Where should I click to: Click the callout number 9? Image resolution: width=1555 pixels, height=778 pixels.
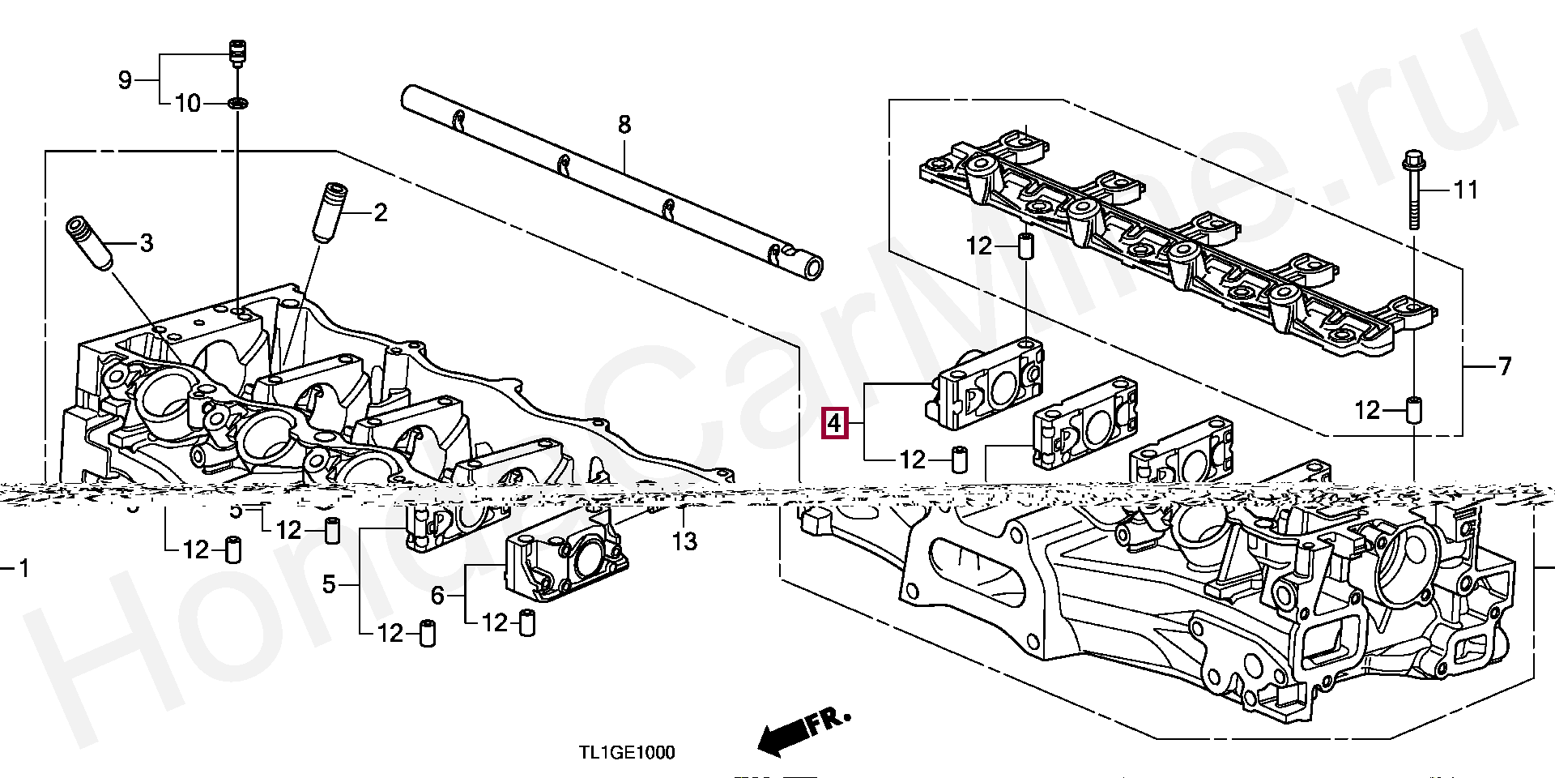pyautogui.click(x=125, y=80)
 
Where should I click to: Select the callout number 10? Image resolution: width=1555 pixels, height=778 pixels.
pyautogui.click(x=187, y=104)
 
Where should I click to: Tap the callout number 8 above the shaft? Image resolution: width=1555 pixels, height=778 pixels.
pyautogui.click(x=624, y=125)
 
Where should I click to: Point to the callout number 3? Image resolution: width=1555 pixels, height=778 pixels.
pyautogui.click(x=146, y=242)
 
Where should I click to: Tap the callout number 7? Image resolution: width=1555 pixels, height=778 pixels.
pyautogui.click(x=1504, y=367)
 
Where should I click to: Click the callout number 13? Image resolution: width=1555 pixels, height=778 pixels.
pyautogui.click(x=684, y=541)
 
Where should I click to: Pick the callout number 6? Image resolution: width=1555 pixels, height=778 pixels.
pyautogui.click(x=437, y=596)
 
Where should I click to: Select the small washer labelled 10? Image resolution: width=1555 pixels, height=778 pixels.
pyautogui.click(x=238, y=104)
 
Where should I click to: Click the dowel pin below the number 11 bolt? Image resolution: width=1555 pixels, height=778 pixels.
pyautogui.click(x=1414, y=410)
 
